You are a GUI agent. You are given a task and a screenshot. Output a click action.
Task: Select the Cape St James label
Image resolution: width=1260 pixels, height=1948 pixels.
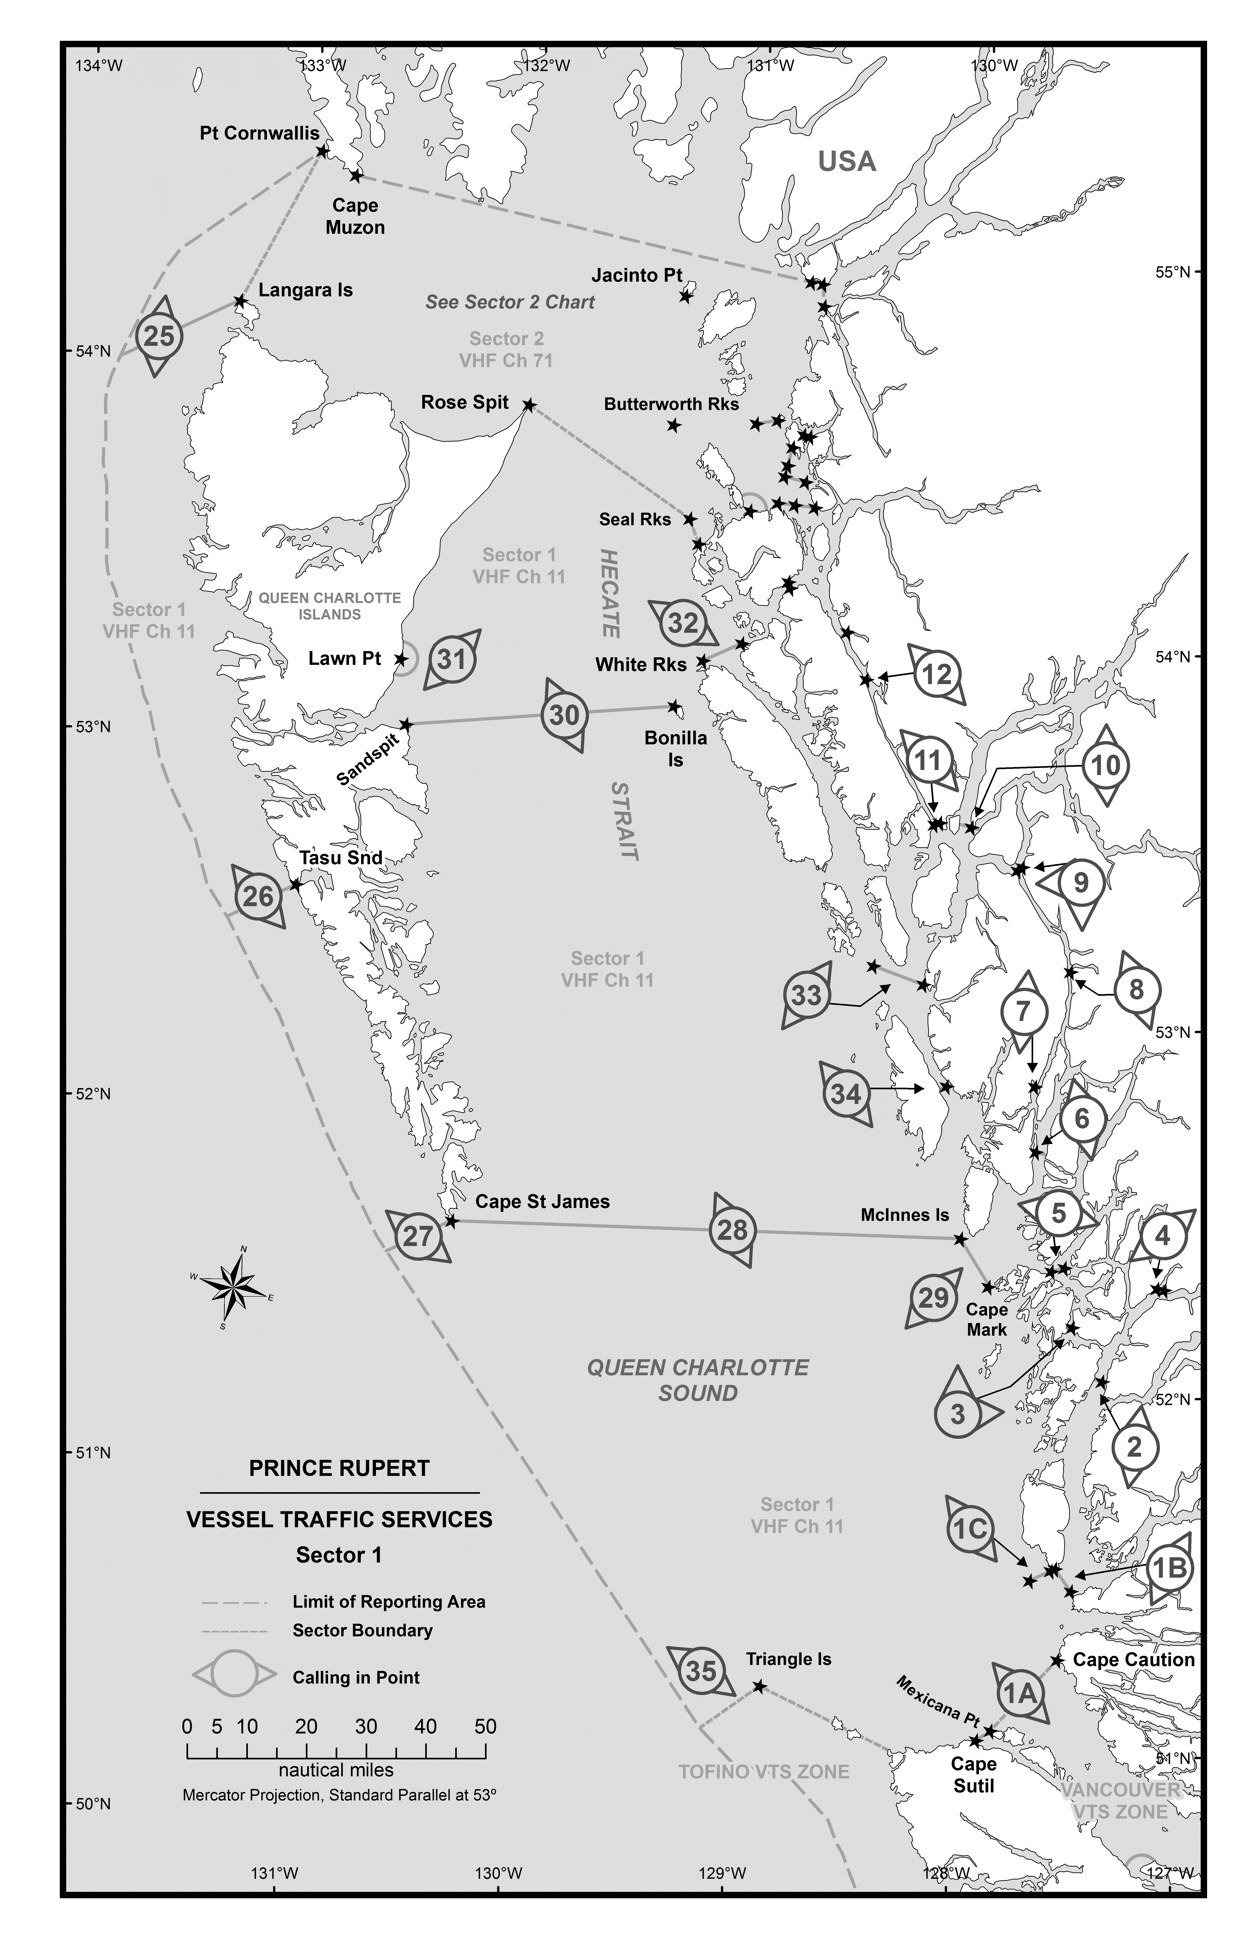(542, 1202)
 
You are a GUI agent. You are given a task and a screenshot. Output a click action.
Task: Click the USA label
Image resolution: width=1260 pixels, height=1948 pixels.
(847, 161)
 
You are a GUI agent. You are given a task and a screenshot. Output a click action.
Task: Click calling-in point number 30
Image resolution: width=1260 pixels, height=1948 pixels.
(564, 715)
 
